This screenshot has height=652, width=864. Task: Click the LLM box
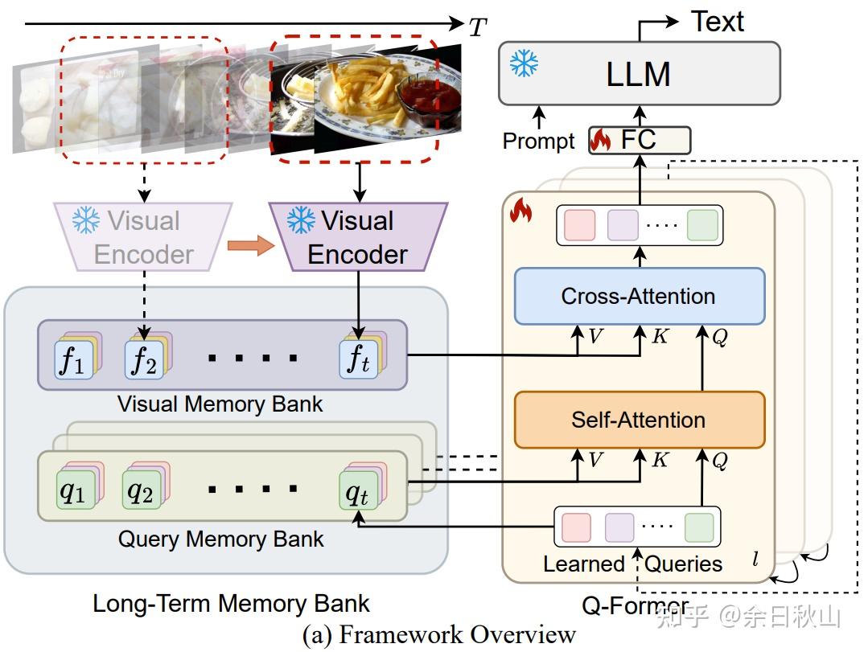click(639, 74)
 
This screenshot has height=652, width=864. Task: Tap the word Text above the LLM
click(718, 22)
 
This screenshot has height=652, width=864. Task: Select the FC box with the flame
click(640, 140)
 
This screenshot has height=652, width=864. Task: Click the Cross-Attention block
click(639, 296)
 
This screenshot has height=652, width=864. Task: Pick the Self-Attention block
click(639, 420)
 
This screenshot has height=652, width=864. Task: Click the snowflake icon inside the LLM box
click(524, 64)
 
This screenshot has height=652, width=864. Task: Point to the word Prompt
click(538, 141)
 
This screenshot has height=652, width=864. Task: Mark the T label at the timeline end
click(478, 27)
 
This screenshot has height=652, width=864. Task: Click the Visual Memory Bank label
click(220, 404)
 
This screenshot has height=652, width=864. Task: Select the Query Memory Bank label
click(220, 539)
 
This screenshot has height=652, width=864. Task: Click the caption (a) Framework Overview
click(439, 635)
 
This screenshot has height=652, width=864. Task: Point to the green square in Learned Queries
click(698, 527)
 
